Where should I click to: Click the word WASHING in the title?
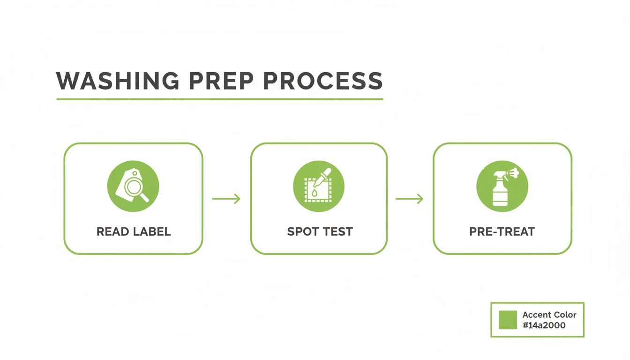118,81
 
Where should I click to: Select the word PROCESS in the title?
319,81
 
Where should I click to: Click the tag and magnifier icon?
133,186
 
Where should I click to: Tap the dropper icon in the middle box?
319,186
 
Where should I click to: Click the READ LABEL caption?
134,232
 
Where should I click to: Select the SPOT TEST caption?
320,232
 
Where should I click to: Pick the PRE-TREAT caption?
502,232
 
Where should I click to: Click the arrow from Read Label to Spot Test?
226,199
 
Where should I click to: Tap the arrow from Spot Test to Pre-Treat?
410,199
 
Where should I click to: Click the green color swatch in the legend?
508,320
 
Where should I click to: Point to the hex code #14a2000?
544,325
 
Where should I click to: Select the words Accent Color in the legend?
549,315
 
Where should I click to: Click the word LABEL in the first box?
150,232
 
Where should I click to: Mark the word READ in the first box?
112,232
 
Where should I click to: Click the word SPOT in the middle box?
302,232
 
